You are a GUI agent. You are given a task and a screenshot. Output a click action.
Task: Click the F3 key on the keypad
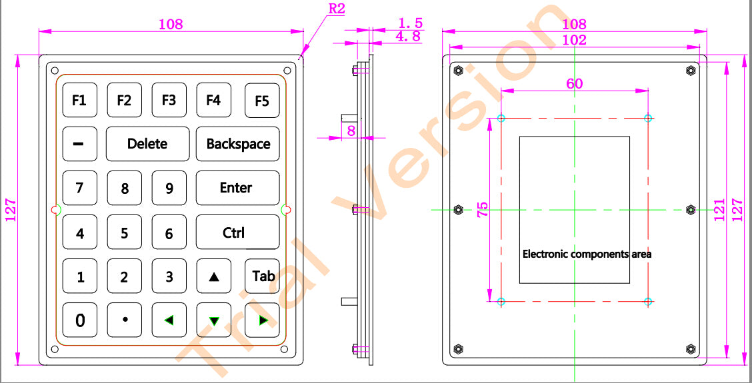(x=169, y=100)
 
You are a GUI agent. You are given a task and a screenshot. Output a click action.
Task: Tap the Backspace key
(x=238, y=144)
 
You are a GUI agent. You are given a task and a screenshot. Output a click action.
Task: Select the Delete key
(x=147, y=144)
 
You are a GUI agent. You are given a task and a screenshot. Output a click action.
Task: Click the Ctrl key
(x=237, y=232)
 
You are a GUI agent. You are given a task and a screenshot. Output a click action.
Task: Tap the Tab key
(x=263, y=276)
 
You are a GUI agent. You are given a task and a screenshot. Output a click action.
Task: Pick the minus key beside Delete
(x=79, y=144)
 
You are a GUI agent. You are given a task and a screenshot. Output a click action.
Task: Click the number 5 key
(x=124, y=233)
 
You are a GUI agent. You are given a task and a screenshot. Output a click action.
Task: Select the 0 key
(x=80, y=320)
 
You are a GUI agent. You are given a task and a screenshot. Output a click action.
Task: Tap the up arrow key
(x=214, y=276)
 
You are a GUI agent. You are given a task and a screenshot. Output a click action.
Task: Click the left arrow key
(x=169, y=320)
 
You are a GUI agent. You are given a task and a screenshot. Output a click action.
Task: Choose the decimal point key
(x=125, y=320)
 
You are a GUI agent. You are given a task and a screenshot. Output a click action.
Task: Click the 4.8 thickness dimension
(x=408, y=37)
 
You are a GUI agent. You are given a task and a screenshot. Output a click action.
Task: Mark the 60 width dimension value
(x=574, y=83)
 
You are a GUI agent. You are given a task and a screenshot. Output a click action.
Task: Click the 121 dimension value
(x=717, y=210)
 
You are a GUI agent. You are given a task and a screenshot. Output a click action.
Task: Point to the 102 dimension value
(x=574, y=40)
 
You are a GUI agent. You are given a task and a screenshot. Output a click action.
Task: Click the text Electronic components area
(x=587, y=254)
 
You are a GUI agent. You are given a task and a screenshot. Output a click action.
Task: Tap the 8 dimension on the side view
(x=351, y=131)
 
